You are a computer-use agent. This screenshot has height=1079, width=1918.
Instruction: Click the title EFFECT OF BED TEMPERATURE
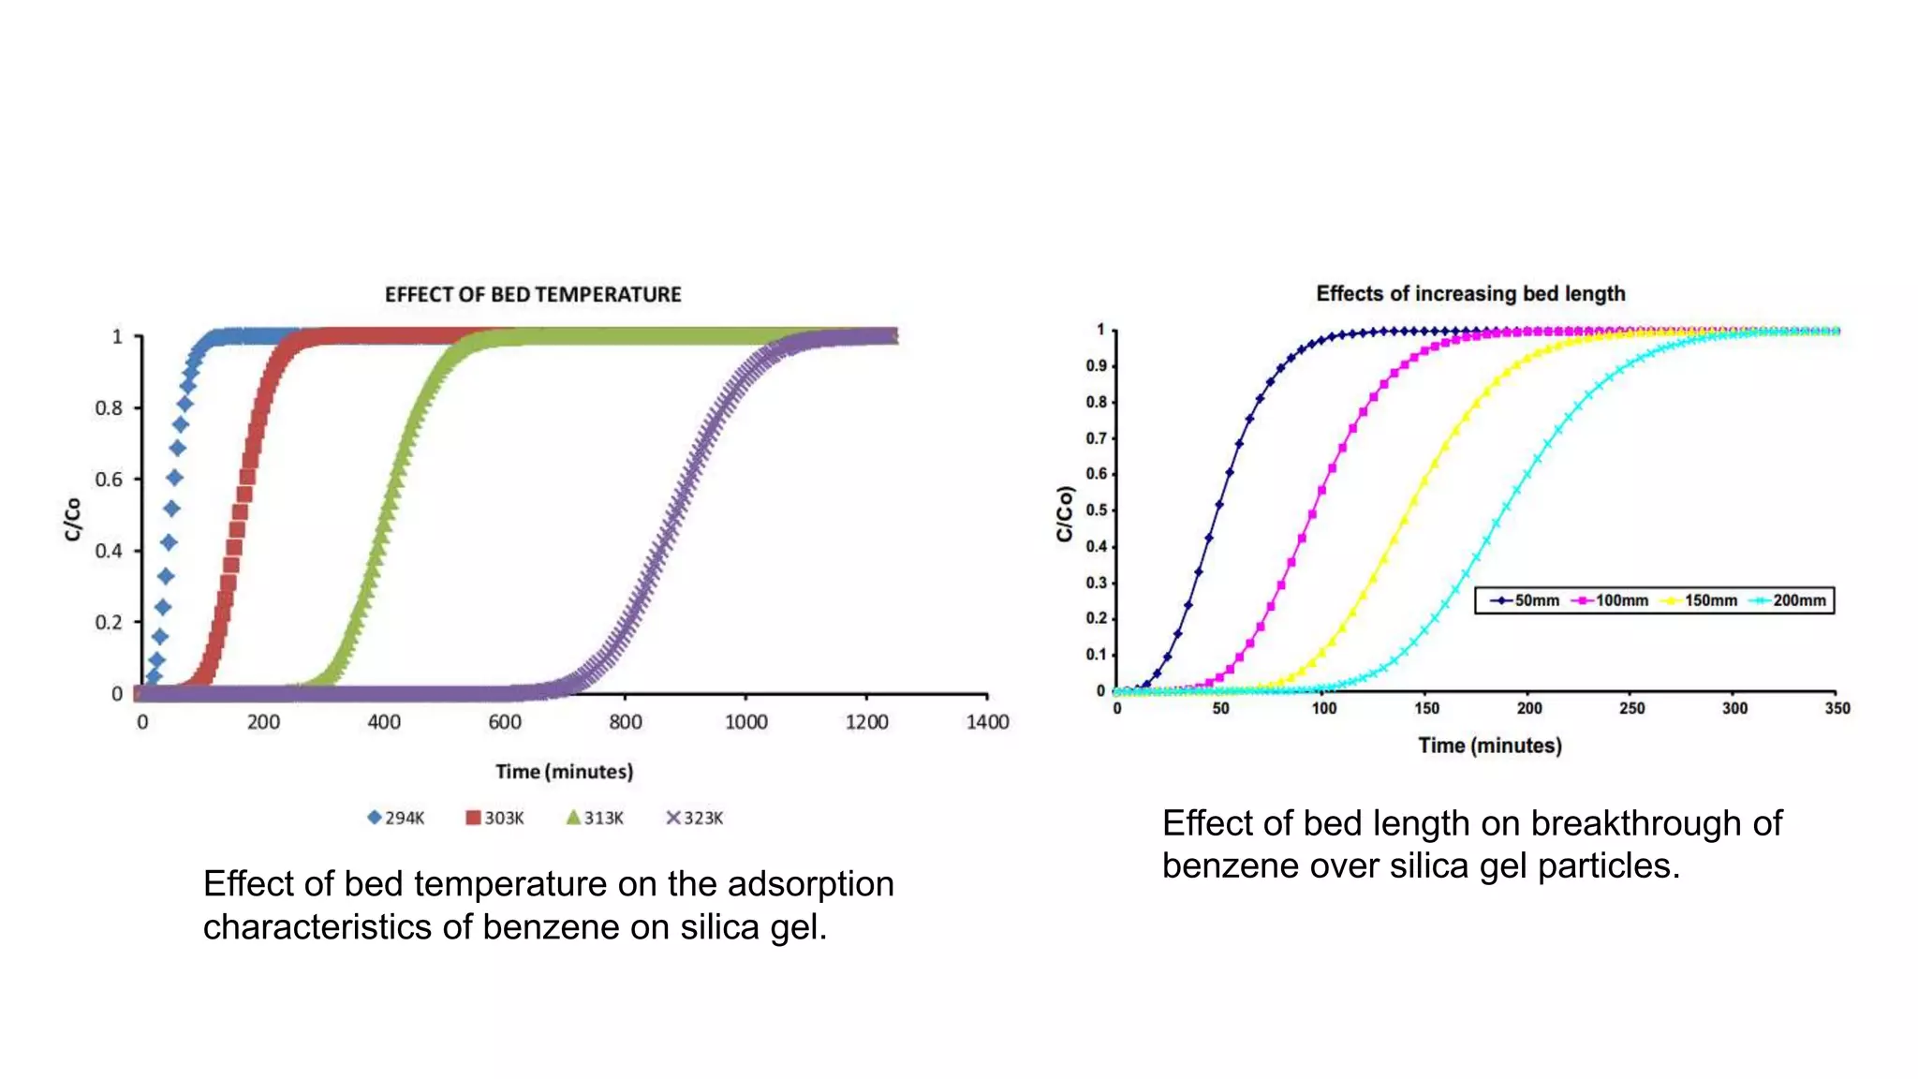pyautogui.click(x=533, y=294)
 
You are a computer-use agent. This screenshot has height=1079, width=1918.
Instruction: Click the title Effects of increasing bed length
pyautogui.click(x=1470, y=293)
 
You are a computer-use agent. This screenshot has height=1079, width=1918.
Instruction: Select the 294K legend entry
pyautogui.click(x=396, y=818)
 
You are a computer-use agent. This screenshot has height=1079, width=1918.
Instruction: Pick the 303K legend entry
pyautogui.click(x=495, y=818)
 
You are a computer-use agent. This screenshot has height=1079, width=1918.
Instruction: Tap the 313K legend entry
pyautogui.click(x=596, y=818)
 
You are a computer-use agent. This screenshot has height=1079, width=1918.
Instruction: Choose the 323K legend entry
pyautogui.click(x=695, y=818)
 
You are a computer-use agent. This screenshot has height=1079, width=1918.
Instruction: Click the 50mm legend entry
pyautogui.click(x=1526, y=600)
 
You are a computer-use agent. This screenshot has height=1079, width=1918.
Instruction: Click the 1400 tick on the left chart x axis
pyautogui.click(x=987, y=722)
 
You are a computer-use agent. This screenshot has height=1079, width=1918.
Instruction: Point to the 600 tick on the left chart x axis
pyautogui.click(x=505, y=722)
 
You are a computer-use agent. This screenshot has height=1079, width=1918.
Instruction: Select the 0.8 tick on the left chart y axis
pyautogui.click(x=109, y=408)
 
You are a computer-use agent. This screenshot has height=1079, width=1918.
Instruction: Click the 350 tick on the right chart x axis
pyautogui.click(x=1837, y=708)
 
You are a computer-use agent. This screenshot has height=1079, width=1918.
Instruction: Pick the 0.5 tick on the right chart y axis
pyautogui.click(x=1097, y=510)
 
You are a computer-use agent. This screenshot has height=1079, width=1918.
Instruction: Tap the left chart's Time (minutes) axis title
pyautogui.click(x=564, y=772)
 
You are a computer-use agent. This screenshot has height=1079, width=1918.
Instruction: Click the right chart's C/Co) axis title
pyautogui.click(x=1065, y=513)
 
